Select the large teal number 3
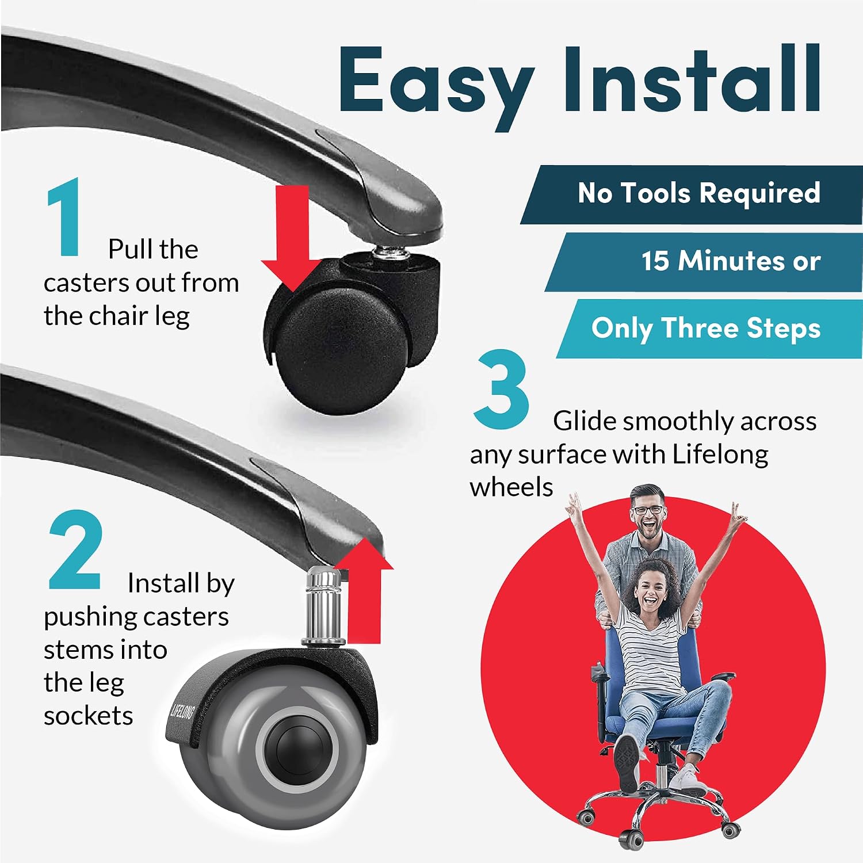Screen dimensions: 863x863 point(501,389)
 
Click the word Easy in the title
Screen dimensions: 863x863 point(436,81)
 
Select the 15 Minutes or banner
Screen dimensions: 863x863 point(704,262)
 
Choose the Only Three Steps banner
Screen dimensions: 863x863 point(710,329)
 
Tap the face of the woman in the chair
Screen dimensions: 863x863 point(652,590)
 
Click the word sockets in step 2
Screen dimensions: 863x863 point(89,716)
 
